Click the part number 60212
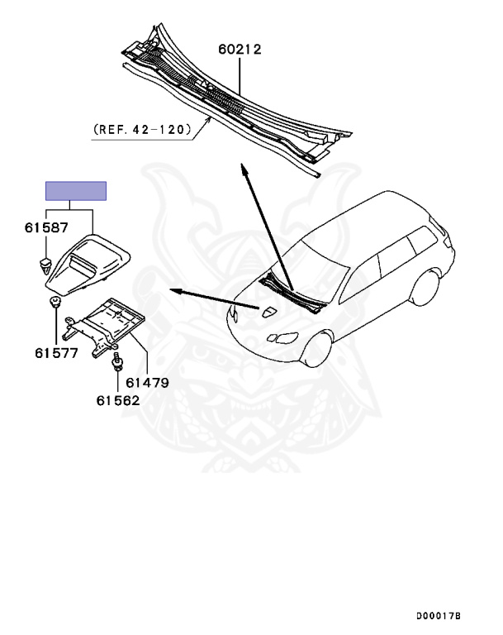click(240, 49)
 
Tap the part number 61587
click(46, 227)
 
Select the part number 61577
click(56, 353)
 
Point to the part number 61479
click(147, 382)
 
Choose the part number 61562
click(118, 400)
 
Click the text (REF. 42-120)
click(142, 129)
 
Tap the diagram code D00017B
click(439, 616)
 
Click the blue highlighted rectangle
click(76, 191)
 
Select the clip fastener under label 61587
click(45, 265)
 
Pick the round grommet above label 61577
click(55, 302)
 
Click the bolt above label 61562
click(117, 361)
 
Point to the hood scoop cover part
click(88, 265)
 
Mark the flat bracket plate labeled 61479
click(103, 327)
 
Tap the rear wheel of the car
click(425, 288)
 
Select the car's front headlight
click(283, 337)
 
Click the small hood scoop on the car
click(268, 312)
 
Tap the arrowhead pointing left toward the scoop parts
click(175, 290)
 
